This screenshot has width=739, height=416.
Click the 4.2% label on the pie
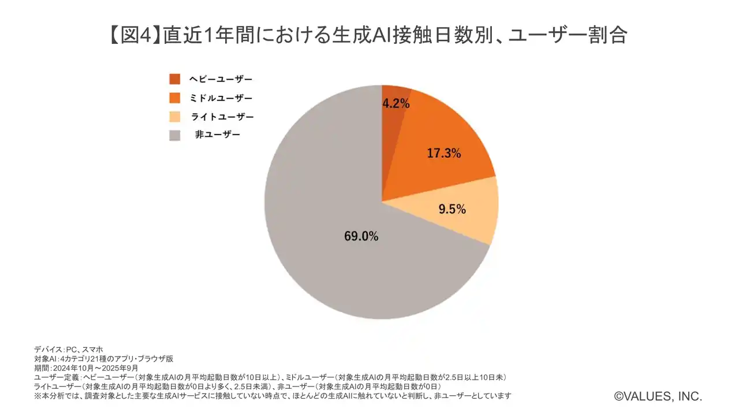click(396, 104)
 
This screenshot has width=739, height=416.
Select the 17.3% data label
click(444, 154)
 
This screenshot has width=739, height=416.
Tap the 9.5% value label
click(452, 210)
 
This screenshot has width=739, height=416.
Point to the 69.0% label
click(361, 236)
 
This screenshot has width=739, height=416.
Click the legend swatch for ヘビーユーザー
click(174, 79)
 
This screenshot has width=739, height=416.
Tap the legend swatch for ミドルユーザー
click(174, 98)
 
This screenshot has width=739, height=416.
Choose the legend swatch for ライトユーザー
click(174, 117)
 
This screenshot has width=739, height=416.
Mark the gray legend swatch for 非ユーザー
click(174, 135)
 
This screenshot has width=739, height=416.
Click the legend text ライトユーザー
click(222, 117)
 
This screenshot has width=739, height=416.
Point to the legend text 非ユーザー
click(218, 135)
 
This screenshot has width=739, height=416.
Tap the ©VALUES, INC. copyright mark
click(658, 396)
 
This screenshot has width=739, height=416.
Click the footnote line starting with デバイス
click(69, 349)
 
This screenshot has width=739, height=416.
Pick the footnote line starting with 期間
click(86, 367)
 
